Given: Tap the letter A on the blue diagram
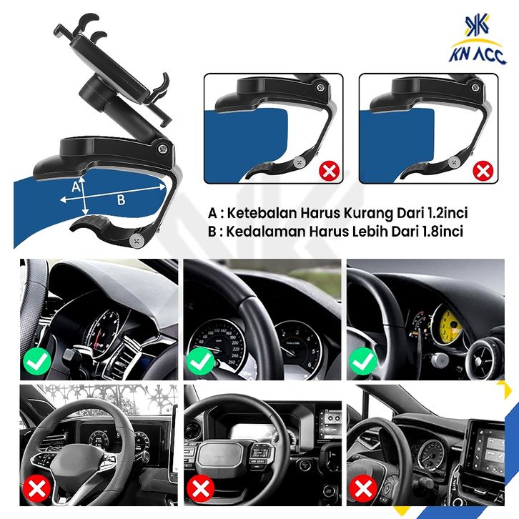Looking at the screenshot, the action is point(76,187).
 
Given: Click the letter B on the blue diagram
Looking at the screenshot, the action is point(122,200).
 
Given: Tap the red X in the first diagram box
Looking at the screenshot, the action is point(329,171).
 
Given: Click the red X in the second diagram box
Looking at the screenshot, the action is point(483,171).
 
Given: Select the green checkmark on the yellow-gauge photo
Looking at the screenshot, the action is point(363,362).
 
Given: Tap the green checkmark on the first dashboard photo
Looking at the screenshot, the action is point(37,362).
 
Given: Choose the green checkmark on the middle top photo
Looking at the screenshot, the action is point(201,362).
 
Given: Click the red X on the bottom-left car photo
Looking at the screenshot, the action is point(36,488).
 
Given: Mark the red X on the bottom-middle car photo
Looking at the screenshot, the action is point(201,488).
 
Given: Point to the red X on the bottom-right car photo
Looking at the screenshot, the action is point(363,488).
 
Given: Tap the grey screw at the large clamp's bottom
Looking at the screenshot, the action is point(137,240).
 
